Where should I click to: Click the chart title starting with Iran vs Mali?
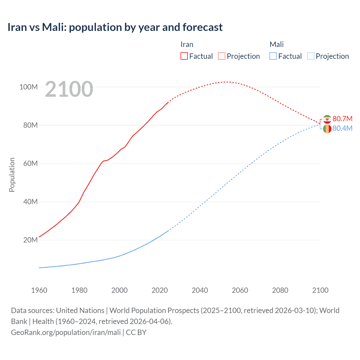click(115, 27)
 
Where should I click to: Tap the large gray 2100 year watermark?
click(69, 89)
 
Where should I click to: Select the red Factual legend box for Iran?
click(184, 56)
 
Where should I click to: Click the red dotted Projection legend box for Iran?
click(222, 56)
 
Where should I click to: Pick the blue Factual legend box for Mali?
click(273, 56)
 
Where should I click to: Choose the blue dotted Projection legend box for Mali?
click(310, 56)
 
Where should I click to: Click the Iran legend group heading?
click(187, 44)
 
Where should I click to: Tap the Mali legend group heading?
click(276, 44)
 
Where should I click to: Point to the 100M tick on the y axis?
click(28, 87)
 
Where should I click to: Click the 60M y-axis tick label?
click(30, 163)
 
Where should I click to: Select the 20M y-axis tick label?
click(30, 240)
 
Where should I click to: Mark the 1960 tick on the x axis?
click(39, 290)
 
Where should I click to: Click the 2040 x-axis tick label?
click(200, 290)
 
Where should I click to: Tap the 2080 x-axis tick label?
click(280, 290)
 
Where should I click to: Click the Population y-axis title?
click(12, 175)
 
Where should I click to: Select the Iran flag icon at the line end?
click(327, 119)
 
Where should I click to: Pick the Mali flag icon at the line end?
click(327, 129)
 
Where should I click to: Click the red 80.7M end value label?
click(342, 119)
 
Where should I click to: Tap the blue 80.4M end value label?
click(342, 128)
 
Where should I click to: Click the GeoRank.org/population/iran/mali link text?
click(66, 332)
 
